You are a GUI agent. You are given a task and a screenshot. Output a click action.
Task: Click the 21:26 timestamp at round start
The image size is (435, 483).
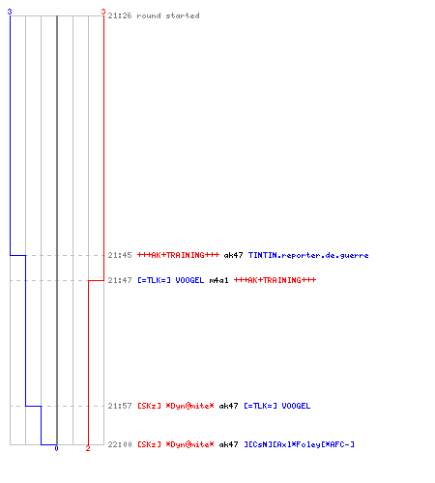coord(120,15)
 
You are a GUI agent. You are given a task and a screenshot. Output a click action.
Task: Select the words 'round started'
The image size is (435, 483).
coord(168,15)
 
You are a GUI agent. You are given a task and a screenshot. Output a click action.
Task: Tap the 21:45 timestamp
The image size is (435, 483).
coord(120,255)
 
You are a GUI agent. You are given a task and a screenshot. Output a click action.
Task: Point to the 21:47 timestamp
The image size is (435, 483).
coord(120,280)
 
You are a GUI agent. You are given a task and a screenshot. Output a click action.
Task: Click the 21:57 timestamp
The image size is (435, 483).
coord(120,406)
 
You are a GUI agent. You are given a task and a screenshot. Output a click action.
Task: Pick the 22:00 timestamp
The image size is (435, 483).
coord(120,444)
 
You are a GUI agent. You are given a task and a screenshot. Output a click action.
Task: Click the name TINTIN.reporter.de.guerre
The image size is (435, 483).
coord(308,255)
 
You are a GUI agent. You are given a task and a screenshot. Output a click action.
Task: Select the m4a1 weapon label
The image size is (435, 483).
coord(218,280)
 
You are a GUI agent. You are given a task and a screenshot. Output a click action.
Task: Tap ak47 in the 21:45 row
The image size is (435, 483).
coord(233,255)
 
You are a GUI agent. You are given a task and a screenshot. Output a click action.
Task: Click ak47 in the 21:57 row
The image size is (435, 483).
coord(228,406)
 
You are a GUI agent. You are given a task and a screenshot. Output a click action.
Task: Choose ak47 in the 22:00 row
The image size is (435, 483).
coord(228,444)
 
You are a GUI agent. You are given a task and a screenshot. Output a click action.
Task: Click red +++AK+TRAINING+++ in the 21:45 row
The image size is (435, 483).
coord(178,255)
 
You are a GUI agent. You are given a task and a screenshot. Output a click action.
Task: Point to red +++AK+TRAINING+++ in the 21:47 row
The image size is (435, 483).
coord(275,280)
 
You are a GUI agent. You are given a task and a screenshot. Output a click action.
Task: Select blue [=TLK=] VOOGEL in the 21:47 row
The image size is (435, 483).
coord(171,280)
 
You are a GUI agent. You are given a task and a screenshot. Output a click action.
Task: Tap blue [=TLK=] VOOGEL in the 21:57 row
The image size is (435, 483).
coord(277,406)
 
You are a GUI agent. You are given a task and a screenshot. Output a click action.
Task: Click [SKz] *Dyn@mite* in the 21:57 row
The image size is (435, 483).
coord(176,406)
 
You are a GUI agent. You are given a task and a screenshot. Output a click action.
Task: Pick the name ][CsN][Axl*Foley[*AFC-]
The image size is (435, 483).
coord(299,444)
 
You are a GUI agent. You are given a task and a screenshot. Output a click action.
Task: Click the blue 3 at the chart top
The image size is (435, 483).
coord(10,12)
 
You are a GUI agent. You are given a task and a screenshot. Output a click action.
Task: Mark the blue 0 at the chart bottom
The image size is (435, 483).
coord(56,448)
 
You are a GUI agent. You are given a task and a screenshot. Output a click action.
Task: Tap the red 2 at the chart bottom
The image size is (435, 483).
coord(88,448)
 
